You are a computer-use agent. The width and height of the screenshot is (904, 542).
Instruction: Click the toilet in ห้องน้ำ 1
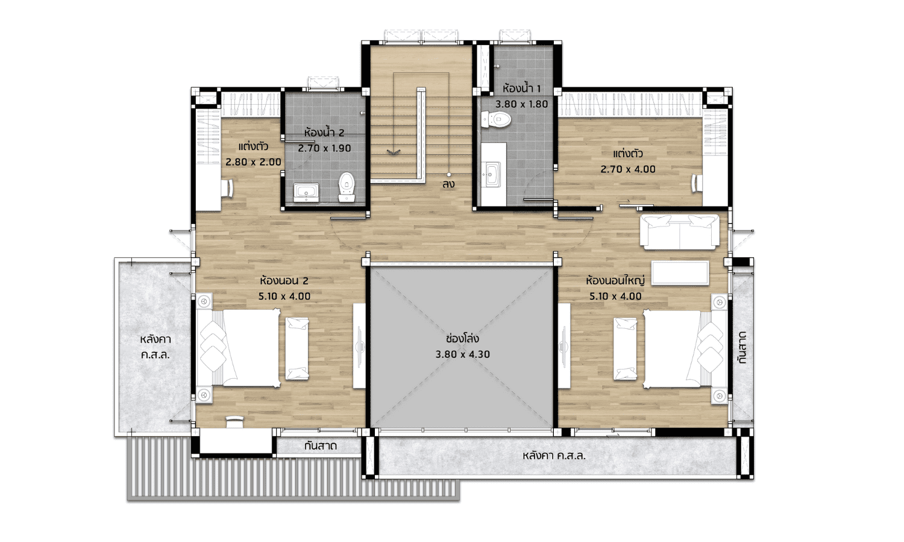[x=496, y=120]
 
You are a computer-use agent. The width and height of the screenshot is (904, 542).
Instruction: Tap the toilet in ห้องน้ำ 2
[x=347, y=187]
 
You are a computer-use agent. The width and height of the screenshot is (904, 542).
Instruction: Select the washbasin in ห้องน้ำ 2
[x=306, y=192]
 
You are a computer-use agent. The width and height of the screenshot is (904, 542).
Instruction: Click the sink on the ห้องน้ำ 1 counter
[x=492, y=174]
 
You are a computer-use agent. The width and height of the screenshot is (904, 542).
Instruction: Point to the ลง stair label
[x=448, y=184]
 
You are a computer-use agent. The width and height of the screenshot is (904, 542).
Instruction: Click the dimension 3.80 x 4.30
[x=462, y=355]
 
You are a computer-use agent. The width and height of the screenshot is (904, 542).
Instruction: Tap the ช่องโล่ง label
[x=462, y=338]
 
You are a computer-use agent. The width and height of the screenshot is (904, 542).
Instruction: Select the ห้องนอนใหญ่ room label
[x=615, y=280]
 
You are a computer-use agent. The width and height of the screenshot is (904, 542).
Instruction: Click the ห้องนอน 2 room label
[x=284, y=280]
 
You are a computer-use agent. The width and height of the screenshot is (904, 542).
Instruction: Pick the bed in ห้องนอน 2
[x=238, y=348]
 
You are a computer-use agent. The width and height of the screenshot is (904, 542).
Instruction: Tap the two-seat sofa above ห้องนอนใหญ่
[x=679, y=231]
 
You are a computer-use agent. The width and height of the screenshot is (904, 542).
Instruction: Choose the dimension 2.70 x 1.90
[x=324, y=148]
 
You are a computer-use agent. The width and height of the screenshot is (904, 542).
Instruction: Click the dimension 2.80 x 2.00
[x=254, y=162]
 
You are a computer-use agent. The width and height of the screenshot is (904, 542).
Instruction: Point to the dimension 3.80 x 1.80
[x=521, y=104]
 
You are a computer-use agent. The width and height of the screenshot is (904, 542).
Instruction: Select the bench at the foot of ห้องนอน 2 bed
[x=297, y=349]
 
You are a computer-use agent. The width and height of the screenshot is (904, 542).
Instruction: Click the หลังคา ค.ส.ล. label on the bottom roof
[x=554, y=456]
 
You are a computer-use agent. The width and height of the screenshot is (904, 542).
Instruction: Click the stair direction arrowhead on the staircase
[x=394, y=152]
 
